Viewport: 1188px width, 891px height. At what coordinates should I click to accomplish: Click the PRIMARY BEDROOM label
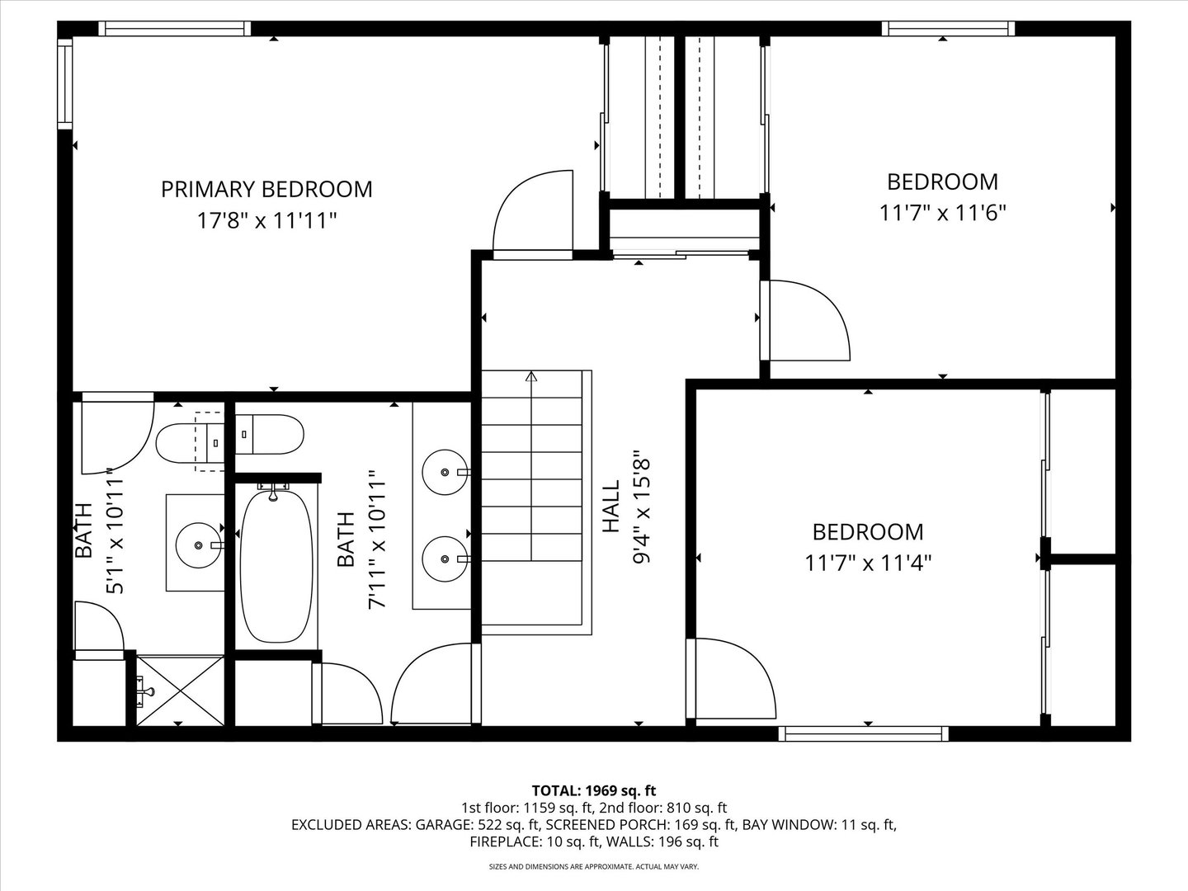point(266,189)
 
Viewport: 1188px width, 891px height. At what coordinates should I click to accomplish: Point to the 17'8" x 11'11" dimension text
point(266,221)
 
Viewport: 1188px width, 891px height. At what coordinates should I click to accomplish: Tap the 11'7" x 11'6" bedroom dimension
point(942,213)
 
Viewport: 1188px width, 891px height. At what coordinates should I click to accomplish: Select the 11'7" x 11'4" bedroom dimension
point(868,563)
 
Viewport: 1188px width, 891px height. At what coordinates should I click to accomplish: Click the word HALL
point(610,507)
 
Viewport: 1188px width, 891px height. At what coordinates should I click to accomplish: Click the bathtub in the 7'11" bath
point(276,567)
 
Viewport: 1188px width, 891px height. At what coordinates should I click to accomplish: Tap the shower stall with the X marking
point(180,691)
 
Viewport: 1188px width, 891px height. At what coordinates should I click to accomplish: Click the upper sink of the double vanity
point(445,473)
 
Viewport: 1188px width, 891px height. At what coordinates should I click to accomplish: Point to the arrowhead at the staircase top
point(531,377)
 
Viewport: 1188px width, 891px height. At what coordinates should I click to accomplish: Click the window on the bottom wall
point(863,733)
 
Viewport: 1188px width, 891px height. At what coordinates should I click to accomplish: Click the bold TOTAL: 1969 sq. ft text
point(594,791)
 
